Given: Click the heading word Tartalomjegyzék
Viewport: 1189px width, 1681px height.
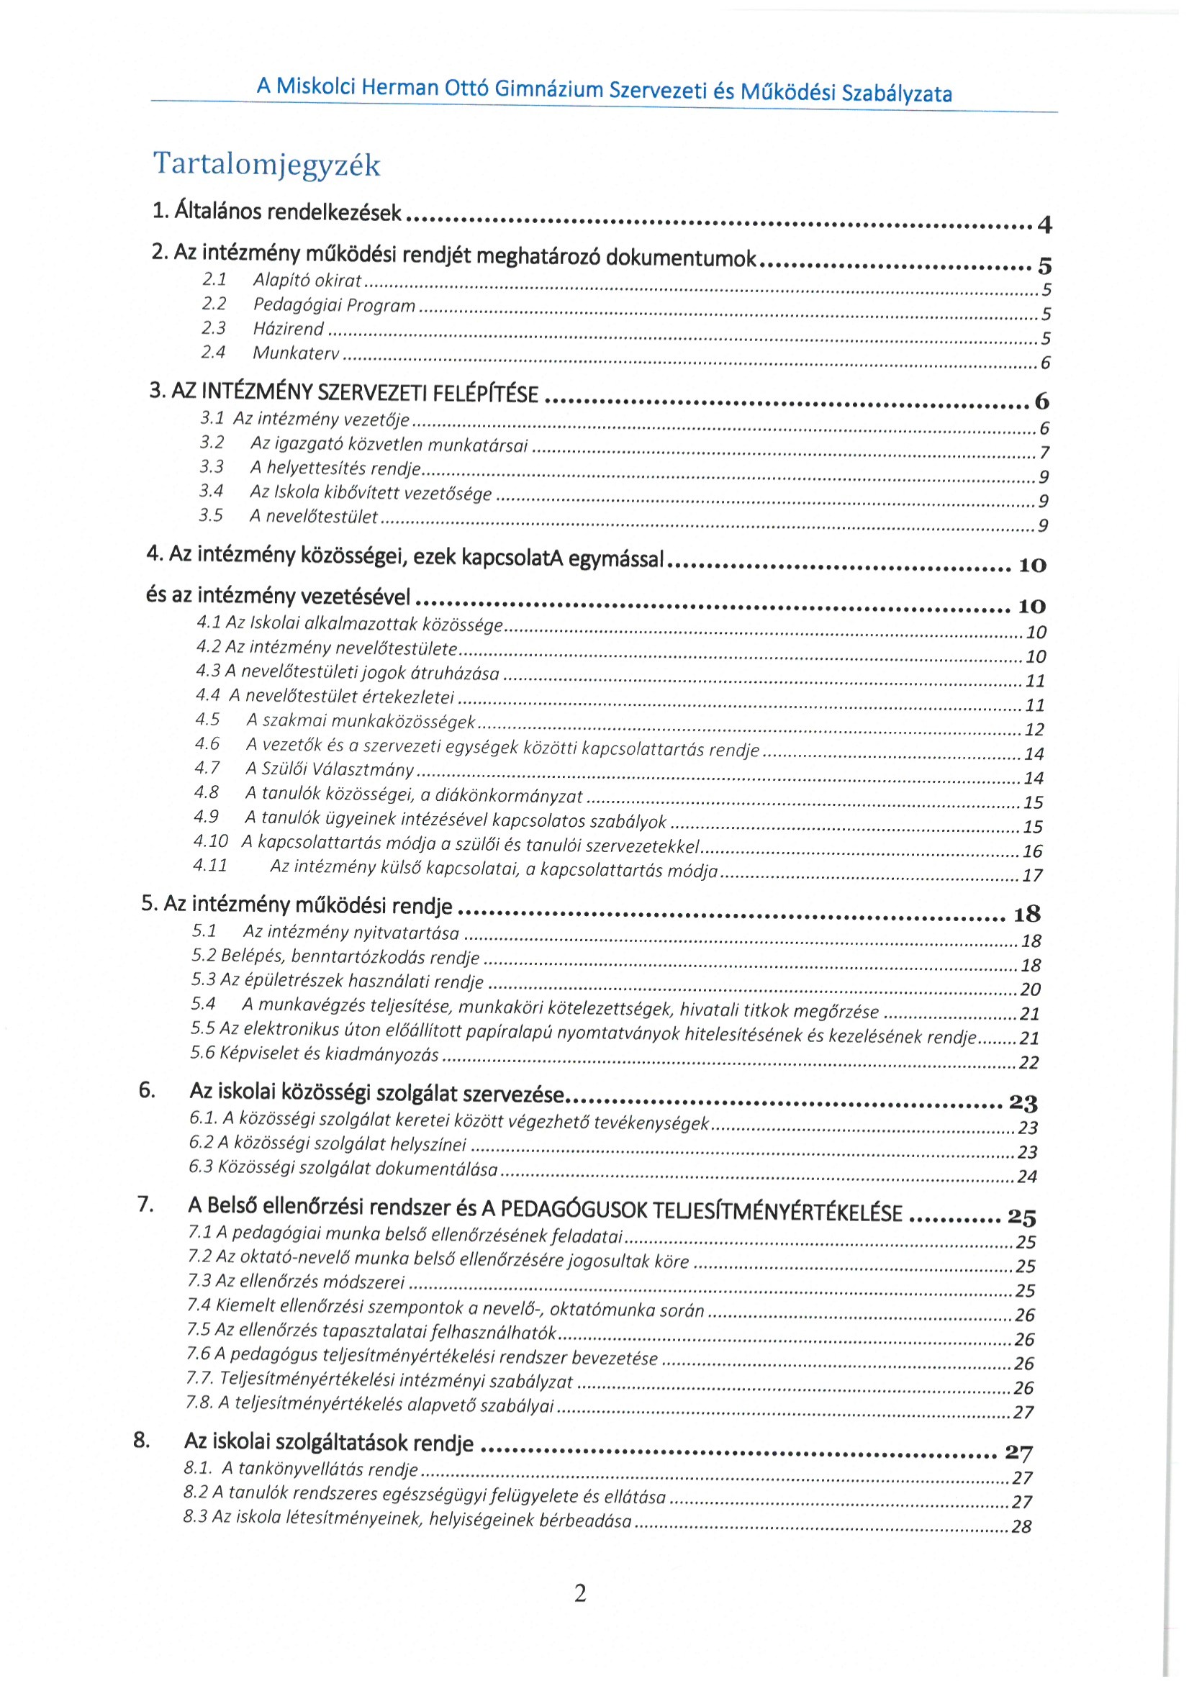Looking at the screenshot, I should tap(266, 164).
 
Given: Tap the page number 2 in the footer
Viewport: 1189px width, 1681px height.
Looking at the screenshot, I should tap(580, 1592).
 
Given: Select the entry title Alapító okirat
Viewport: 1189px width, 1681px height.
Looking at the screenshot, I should tap(307, 281).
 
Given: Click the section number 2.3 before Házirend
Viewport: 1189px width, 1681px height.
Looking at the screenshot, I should tap(214, 328).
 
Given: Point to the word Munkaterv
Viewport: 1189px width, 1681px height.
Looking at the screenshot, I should tap(296, 353).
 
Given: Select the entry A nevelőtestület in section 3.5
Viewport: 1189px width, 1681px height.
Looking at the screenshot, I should tap(313, 517).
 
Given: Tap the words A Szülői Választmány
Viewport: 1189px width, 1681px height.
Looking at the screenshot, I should tap(330, 769).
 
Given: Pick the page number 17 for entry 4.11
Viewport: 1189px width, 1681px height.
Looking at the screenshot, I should tap(1032, 876).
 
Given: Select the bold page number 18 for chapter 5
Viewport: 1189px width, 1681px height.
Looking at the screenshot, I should tap(1026, 914).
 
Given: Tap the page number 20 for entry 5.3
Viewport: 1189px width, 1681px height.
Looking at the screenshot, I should tap(1030, 990).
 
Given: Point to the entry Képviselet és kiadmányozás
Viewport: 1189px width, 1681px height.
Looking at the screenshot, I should tap(315, 1054).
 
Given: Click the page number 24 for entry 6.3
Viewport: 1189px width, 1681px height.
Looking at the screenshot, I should tap(1027, 1177).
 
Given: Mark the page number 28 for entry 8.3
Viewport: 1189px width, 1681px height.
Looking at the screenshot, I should tap(1021, 1527).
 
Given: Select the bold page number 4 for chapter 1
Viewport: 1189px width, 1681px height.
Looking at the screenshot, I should tap(1045, 225).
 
